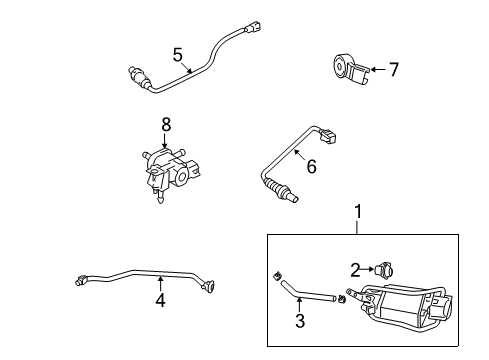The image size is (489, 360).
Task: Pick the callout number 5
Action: click(177, 54)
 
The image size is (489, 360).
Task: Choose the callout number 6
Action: click(311, 167)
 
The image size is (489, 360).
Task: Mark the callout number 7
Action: click(393, 70)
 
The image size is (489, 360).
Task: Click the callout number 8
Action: click(167, 125)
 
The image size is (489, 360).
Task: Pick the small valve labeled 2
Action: click(383, 269)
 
